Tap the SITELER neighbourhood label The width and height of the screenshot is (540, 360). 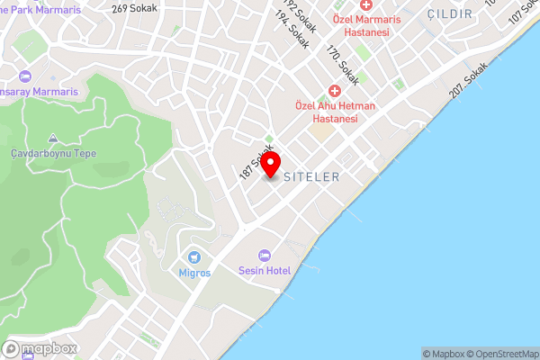(x=311, y=177)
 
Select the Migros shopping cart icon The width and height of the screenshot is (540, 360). (x=194, y=258)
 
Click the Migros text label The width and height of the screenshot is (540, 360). (x=194, y=273)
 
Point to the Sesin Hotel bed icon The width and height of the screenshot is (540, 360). (x=264, y=256)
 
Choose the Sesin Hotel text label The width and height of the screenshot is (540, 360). (x=264, y=271)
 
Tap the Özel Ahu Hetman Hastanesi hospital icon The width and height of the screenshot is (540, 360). (x=335, y=91)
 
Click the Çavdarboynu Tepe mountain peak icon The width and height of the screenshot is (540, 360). (x=53, y=139)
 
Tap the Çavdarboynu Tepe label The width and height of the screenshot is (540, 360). (x=53, y=154)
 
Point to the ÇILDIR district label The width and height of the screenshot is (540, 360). (x=449, y=14)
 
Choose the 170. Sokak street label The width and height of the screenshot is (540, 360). (x=343, y=66)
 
